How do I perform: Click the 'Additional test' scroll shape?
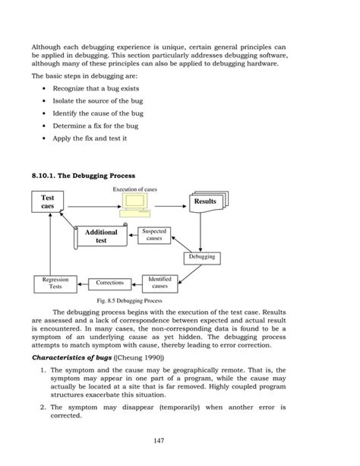pyautogui.click(x=101, y=236)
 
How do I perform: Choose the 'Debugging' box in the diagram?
pyautogui.click(x=200, y=257)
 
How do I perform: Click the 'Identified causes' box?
pyautogui.click(x=159, y=283)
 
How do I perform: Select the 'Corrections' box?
pyautogui.click(x=109, y=283)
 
